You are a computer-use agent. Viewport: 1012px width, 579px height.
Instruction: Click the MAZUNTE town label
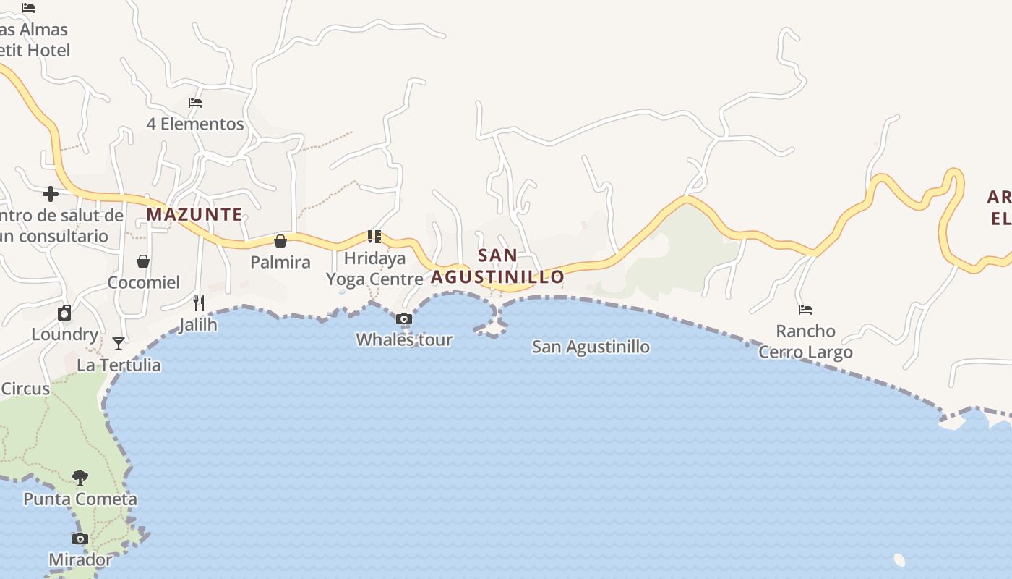coord(194,214)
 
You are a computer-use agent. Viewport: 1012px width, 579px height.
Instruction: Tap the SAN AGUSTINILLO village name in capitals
coord(497,266)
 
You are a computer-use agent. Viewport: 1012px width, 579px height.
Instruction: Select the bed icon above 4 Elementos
coord(195,103)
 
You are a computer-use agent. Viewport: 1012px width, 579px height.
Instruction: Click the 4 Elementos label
coord(195,124)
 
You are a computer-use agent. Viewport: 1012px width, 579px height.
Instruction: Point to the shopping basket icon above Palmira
coord(280,241)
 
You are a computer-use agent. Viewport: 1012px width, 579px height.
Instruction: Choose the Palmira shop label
coord(280,262)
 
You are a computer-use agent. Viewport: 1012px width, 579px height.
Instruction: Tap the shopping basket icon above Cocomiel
coord(143,261)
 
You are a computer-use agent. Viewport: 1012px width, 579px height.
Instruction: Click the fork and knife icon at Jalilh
coord(199,303)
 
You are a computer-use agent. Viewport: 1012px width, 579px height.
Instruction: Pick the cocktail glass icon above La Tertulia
coord(119,343)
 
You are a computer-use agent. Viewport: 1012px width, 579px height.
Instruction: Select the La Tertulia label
coord(119,365)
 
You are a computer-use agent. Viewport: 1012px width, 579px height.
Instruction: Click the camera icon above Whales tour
coord(405,318)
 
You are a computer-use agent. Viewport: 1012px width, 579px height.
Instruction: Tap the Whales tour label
coord(404,339)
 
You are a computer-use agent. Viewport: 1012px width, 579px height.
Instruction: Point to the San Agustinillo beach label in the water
coord(591,347)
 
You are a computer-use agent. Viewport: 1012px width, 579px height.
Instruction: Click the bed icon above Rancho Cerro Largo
coord(805,310)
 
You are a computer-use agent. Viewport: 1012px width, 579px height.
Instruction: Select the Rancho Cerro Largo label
coord(805,342)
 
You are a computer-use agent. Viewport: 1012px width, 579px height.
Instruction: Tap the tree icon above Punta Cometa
coord(80,478)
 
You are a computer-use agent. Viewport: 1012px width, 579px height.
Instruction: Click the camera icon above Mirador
coord(80,538)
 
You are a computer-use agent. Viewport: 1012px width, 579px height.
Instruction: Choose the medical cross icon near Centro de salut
coord(51,193)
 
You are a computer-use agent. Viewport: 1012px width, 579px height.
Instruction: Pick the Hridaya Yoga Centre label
coord(374,269)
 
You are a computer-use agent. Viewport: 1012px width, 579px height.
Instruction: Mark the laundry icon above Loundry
coord(64,313)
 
